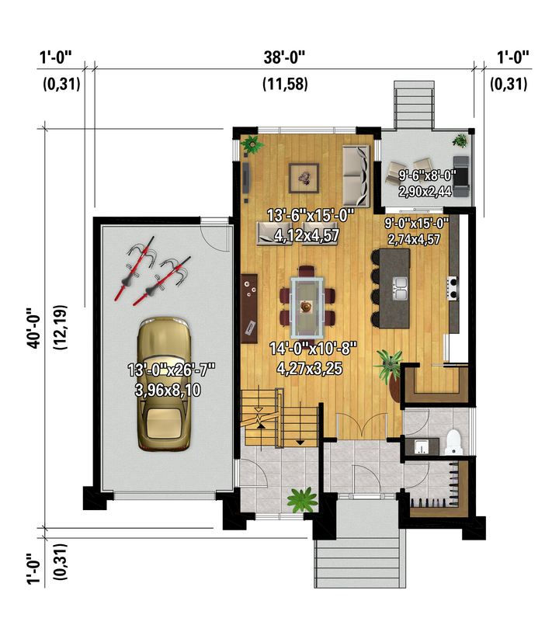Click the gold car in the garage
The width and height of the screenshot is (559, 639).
click(164, 384)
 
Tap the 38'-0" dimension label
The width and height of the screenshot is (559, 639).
click(284, 57)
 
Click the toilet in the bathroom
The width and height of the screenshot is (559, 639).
click(453, 442)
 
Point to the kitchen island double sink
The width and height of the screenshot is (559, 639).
click(400, 289)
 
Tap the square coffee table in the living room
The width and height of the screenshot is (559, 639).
click(304, 178)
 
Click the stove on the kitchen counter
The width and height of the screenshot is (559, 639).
click(453, 288)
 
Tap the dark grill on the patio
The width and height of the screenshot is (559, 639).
click(461, 176)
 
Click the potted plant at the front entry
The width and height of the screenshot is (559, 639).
click(302, 499)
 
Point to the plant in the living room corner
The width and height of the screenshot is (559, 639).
click(252, 144)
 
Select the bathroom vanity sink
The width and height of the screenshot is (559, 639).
click(422, 446)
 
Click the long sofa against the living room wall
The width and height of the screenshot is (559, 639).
click(356, 176)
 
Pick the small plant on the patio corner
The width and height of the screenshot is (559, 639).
click(460, 141)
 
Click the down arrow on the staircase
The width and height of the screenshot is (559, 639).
click(300, 442)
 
